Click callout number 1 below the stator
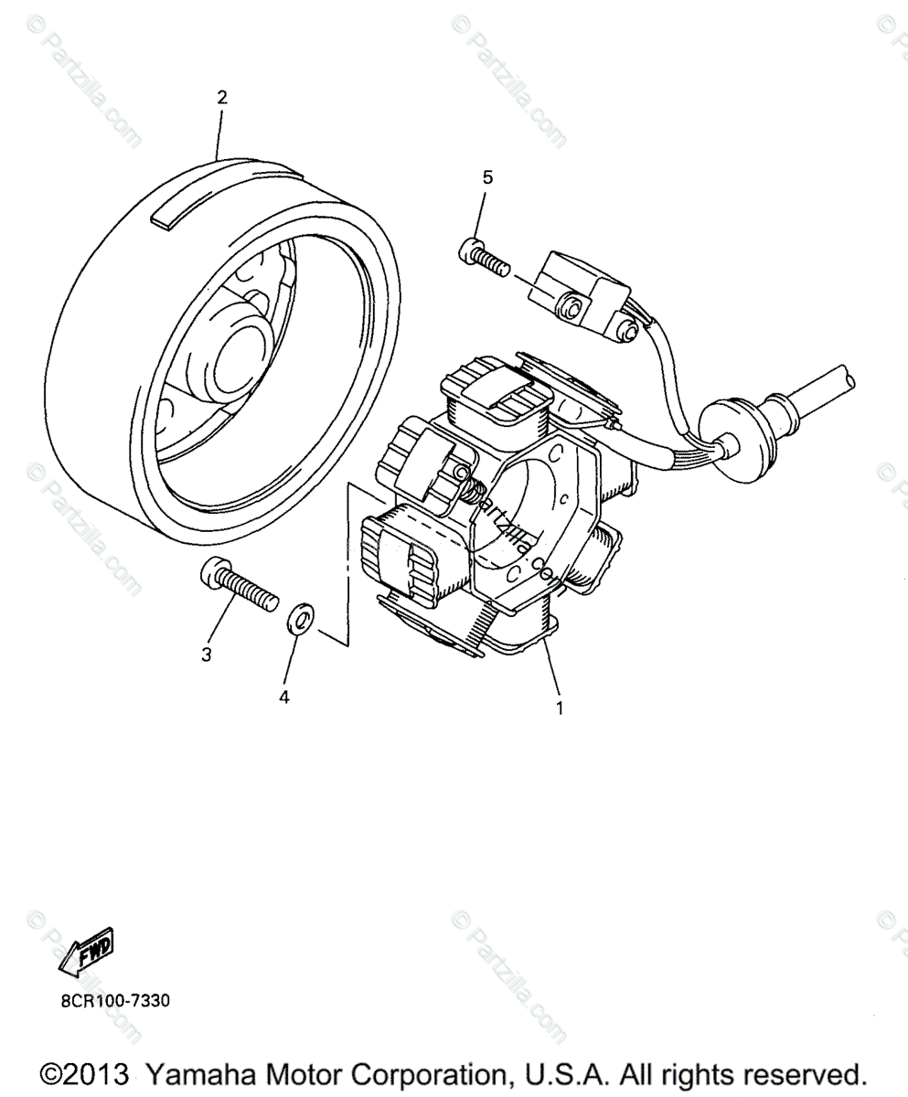(x=560, y=707)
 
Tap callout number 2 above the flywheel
(x=221, y=97)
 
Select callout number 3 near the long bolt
(x=207, y=654)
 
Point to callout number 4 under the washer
(x=284, y=697)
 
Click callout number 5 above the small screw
(x=487, y=177)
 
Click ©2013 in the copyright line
(x=89, y=1073)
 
